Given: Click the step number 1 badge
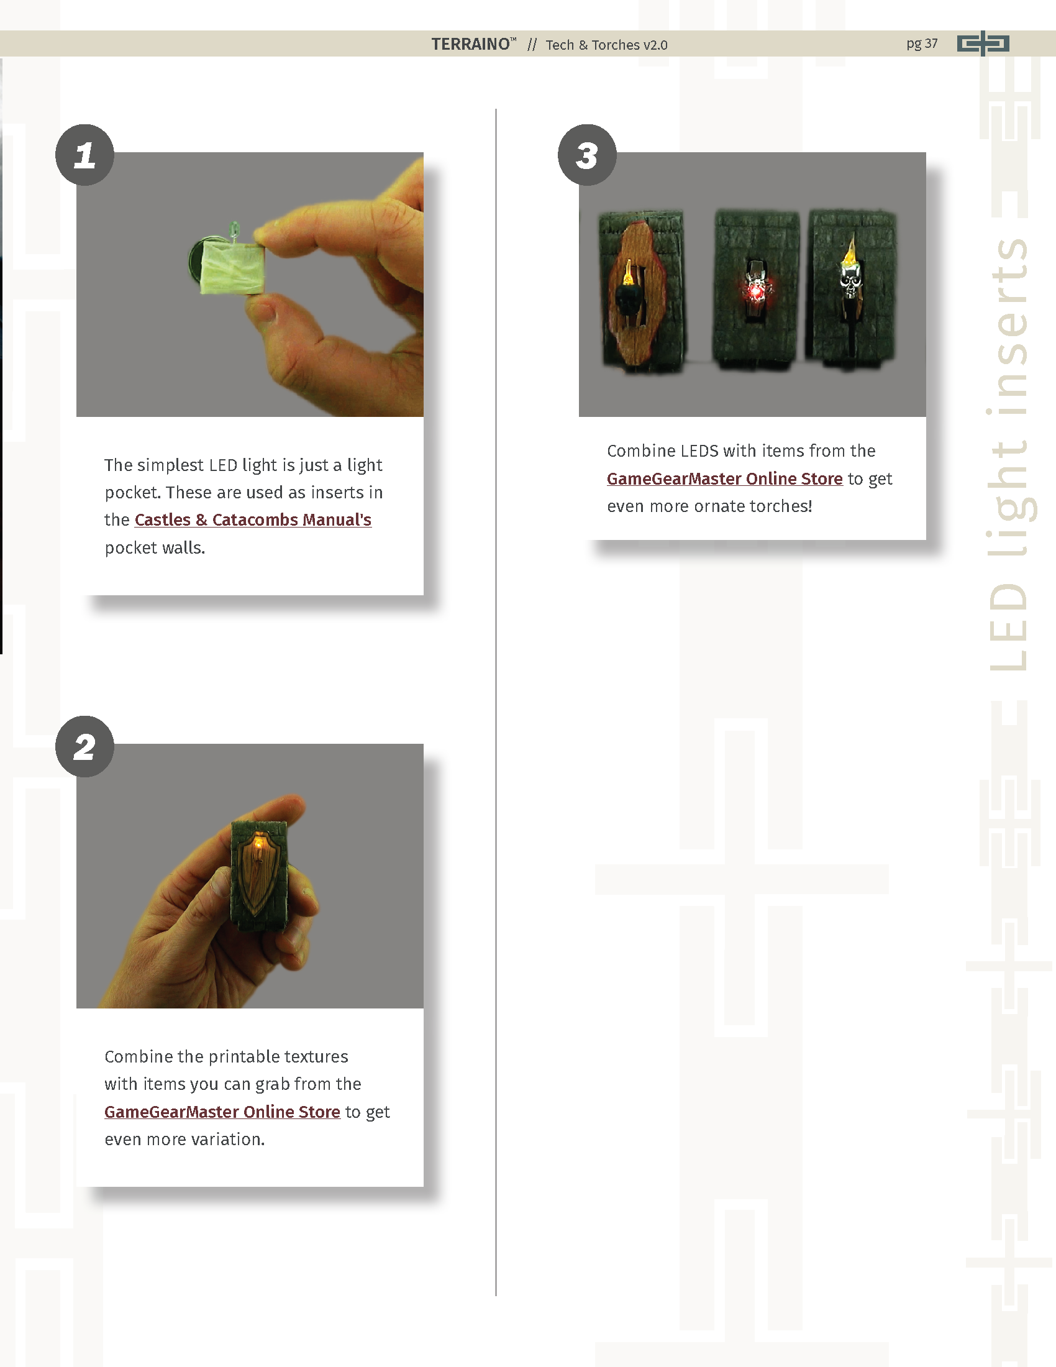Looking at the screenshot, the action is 84,155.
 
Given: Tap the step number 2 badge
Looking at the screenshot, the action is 84,746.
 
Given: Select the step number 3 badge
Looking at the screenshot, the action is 587,155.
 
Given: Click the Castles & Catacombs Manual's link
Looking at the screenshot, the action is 253,519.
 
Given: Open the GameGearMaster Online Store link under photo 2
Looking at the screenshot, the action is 222,1112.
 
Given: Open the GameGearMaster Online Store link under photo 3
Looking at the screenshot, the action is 724,478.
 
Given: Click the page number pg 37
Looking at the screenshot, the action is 921,44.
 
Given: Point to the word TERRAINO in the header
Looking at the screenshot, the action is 470,44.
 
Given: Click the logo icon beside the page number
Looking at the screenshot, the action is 983,43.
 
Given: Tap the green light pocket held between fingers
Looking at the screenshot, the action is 232,268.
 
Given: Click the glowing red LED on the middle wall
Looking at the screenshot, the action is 756,291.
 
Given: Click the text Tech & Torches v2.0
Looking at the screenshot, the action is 606,45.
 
